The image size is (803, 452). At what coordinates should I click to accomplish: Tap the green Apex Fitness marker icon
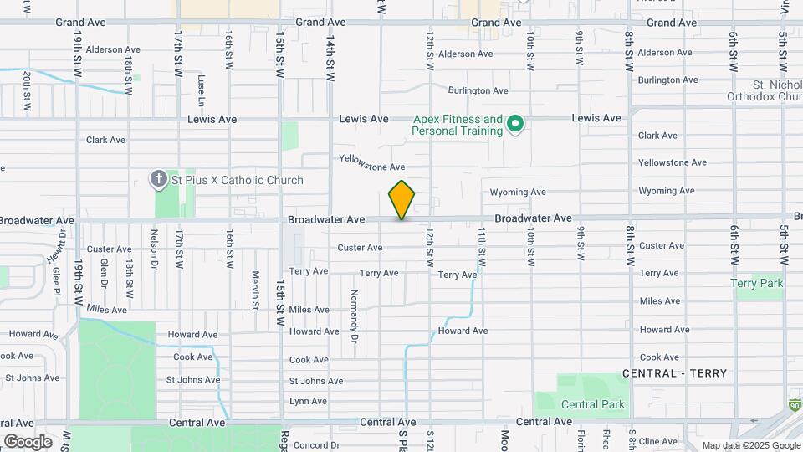tap(516, 126)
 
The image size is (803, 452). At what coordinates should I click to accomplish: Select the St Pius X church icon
tap(159, 179)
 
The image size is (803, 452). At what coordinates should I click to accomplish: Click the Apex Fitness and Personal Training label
tap(458, 126)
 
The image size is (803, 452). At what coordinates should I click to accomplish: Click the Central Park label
tap(592, 404)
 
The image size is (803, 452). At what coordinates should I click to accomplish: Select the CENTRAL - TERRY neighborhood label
tap(674, 373)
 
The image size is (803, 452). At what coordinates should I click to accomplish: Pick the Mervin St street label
tap(254, 289)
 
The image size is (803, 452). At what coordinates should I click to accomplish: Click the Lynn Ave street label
tap(308, 402)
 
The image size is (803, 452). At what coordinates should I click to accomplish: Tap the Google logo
tap(28, 441)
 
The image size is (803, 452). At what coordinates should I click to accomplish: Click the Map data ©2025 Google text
tap(750, 445)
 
